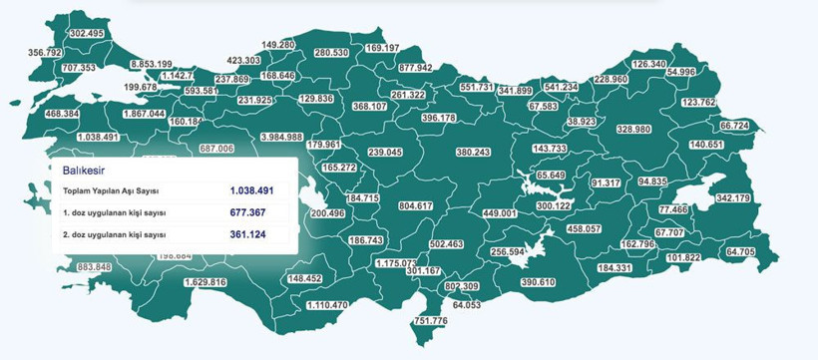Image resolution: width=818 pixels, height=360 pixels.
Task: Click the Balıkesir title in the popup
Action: [83, 171]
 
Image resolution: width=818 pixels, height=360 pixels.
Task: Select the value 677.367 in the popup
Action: [246, 212]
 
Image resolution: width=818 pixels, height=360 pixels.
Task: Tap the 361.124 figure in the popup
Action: [246, 235]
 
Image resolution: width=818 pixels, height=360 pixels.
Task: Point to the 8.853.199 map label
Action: [151, 64]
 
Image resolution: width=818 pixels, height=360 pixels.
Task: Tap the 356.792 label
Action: [45, 52]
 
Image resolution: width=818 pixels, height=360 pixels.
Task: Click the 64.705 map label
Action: [740, 251]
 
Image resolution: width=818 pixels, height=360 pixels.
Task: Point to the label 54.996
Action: [681, 72]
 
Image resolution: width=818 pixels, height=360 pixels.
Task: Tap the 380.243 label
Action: [472, 152]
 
